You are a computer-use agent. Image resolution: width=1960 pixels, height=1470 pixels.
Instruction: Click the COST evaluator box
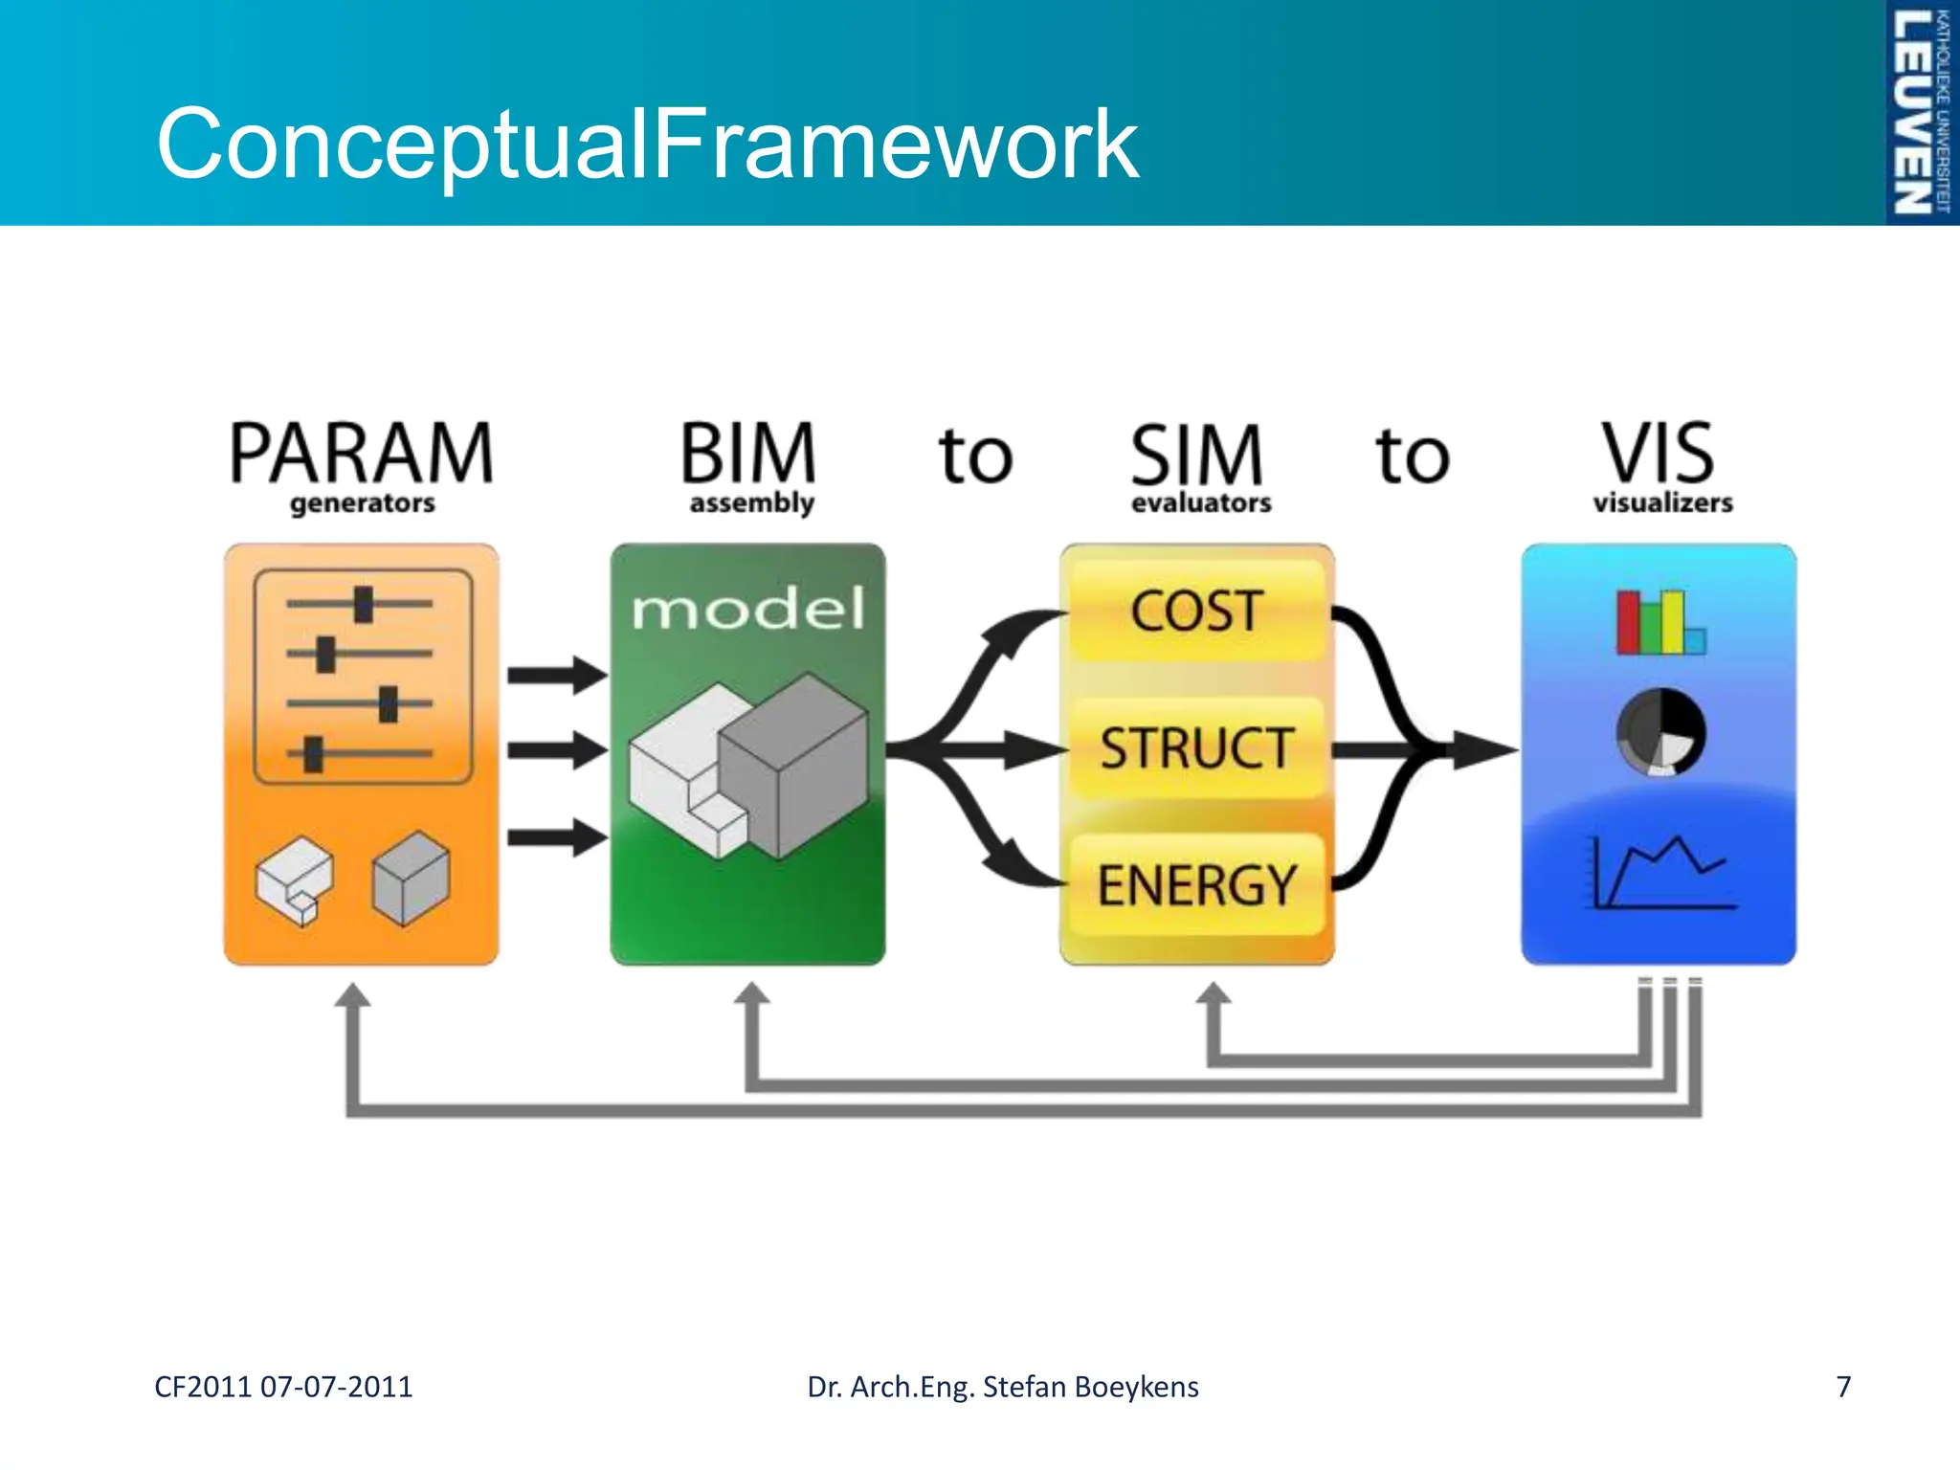(1196, 611)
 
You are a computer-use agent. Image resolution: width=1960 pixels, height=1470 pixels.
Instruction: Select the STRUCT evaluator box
(1196, 747)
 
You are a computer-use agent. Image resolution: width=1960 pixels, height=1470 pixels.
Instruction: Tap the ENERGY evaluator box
(1196, 884)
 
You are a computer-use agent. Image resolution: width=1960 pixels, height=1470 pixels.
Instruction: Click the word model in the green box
(748, 609)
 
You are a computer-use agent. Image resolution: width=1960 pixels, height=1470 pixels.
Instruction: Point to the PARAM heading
(362, 454)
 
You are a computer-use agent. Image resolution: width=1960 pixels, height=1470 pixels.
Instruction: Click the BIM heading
(748, 454)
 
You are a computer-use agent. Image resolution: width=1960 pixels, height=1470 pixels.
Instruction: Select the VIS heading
(1659, 454)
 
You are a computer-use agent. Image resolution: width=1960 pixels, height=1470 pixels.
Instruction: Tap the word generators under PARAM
(362, 503)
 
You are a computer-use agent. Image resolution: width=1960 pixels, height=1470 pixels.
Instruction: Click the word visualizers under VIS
(1662, 502)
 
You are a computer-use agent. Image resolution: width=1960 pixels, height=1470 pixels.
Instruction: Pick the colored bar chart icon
(1659, 622)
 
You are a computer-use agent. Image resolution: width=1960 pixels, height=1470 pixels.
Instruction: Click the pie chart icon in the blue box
(1660, 731)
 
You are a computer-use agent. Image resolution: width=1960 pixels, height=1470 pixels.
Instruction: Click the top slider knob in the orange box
(363, 604)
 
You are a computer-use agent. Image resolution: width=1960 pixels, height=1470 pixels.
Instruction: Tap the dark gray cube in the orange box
(411, 878)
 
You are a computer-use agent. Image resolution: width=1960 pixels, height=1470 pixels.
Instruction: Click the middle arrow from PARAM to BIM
(556, 749)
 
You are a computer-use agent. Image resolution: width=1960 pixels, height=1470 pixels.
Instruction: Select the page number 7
(1843, 1387)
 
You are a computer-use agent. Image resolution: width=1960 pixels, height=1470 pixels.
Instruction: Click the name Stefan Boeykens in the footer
(1090, 1387)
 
